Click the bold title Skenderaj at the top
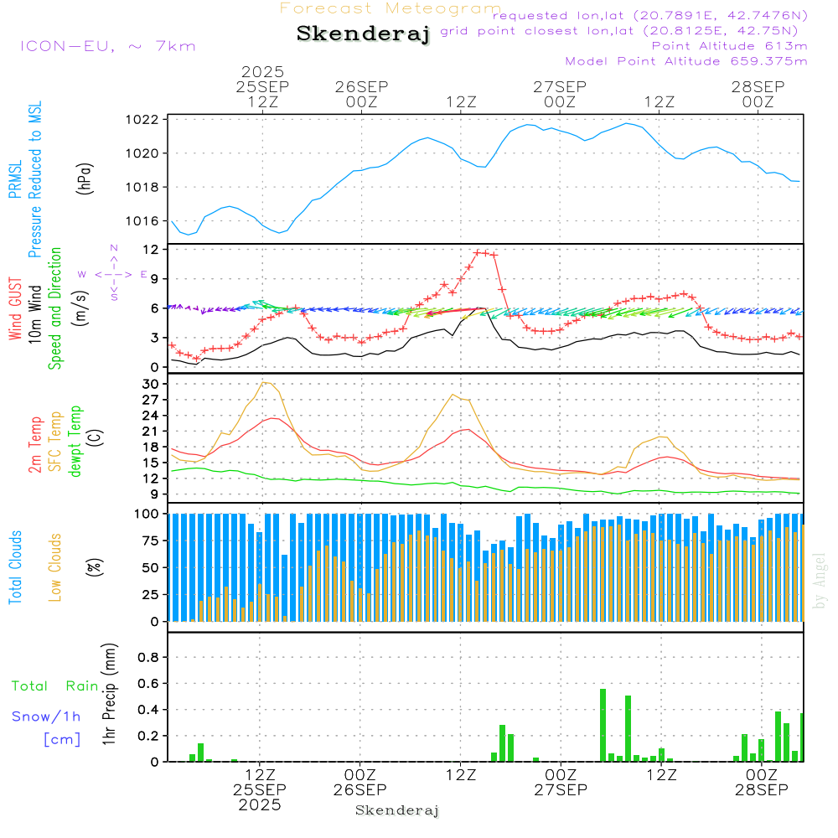point(363,34)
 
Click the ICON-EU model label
point(107,46)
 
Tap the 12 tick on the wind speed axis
point(151,250)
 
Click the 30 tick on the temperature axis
point(151,384)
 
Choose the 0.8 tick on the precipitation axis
point(147,658)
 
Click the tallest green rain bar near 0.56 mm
point(603,725)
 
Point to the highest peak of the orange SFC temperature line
point(265,382)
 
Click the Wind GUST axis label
point(16,310)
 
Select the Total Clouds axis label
point(16,567)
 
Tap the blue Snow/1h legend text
point(47,716)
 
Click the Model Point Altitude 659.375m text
point(685,61)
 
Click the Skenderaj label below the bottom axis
point(397,810)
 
